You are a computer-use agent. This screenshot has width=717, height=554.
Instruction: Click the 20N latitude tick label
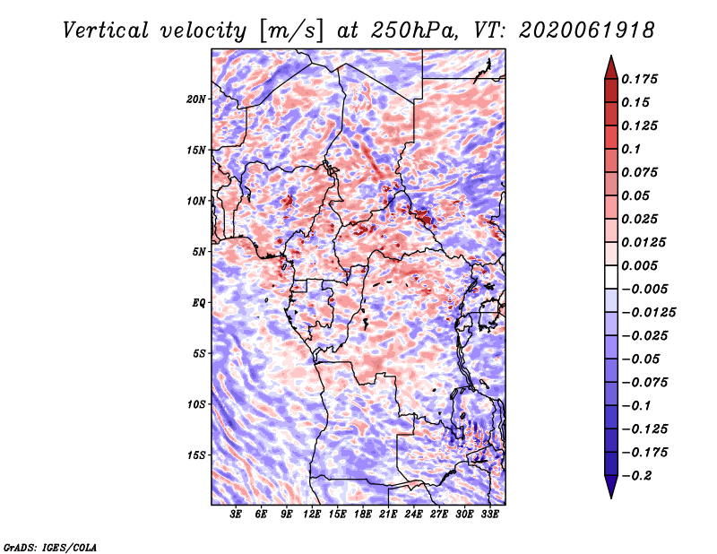pyautogui.click(x=196, y=100)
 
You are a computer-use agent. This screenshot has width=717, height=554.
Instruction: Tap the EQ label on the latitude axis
pyautogui.click(x=199, y=303)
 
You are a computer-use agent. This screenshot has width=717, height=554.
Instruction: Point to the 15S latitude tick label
pyautogui.click(x=196, y=455)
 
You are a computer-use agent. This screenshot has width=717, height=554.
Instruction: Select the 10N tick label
pyautogui.click(x=196, y=201)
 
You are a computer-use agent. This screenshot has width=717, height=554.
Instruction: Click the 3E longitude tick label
pyautogui.click(x=236, y=515)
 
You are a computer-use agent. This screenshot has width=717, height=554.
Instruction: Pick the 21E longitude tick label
pyautogui.click(x=388, y=515)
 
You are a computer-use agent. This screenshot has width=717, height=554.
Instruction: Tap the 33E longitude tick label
pyautogui.click(x=489, y=515)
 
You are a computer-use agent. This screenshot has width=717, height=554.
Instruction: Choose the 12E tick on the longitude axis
pyautogui.click(x=312, y=515)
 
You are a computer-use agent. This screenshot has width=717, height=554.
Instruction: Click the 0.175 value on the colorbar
pyautogui.click(x=639, y=79)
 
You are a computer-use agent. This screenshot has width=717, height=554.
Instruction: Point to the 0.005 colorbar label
pyautogui.click(x=639, y=265)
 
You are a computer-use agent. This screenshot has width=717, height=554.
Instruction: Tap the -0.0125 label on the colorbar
pyautogui.click(x=648, y=313)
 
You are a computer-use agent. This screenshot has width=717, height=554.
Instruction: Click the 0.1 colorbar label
pyautogui.click(x=631, y=149)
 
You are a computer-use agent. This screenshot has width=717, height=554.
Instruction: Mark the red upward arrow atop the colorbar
pyautogui.click(x=611, y=67)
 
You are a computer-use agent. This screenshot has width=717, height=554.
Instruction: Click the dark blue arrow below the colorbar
pyautogui.click(x=611, y=487)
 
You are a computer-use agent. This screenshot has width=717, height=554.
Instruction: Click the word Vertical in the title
pyautogui.click(x=105, y=30)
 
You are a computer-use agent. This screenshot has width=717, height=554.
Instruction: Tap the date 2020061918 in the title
pyautogui.click(x=587, y=30)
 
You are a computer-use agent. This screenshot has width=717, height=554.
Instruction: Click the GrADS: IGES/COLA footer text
pyautogui.click(x=50, y=548)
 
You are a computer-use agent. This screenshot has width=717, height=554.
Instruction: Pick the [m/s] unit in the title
pyautogui.click(x=291, y=31)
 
